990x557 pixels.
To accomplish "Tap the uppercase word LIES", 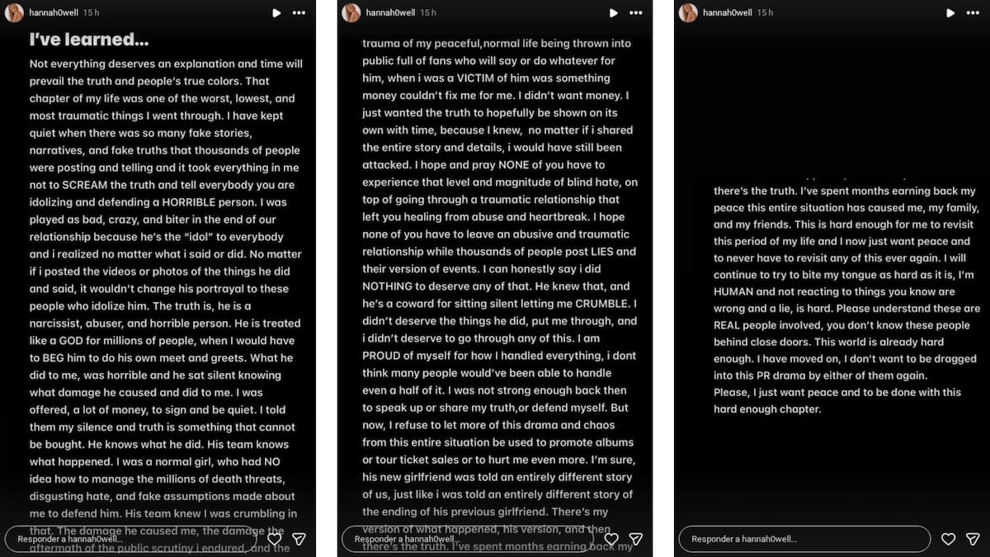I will tap(595, 252).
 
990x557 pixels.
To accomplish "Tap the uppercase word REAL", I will tap(729, 325).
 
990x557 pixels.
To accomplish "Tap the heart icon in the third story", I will tap(949, 539).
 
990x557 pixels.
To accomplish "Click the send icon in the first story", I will tap(299, 539).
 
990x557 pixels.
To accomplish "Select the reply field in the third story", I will tap(804, 539).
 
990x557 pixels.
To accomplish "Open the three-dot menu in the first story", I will tap(299, 13).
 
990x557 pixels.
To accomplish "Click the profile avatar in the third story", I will tap(688, 13).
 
